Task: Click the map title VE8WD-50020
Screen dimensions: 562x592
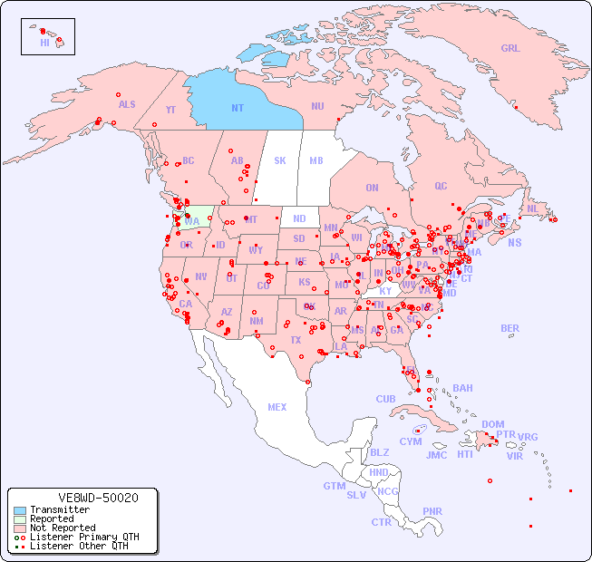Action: (98, 498)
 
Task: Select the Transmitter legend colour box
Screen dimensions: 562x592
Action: (19, 510)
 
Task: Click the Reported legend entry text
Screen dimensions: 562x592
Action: (52, 519)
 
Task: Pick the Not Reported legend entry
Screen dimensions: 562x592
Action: (62, 528)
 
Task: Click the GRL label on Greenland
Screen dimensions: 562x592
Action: (510, 49)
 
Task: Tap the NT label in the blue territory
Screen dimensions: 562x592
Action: (238, 108)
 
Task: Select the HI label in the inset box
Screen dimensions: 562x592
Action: (44, 43)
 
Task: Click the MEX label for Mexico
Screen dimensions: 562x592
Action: (277, 407)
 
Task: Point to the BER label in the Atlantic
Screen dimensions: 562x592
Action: (510, 328)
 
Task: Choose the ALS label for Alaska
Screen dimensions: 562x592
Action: (127, 104)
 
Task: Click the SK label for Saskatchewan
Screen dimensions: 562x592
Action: (280, 160)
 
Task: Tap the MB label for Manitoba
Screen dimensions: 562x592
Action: (316, 160)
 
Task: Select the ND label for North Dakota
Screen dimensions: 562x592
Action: (299, 218)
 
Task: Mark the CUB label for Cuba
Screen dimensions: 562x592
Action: (386, 399)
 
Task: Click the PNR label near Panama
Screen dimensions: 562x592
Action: (432, 511)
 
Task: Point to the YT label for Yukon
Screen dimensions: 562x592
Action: (170, 110)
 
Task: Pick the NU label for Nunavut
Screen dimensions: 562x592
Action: (317, 106)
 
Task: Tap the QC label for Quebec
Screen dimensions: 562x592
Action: (441, 186)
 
